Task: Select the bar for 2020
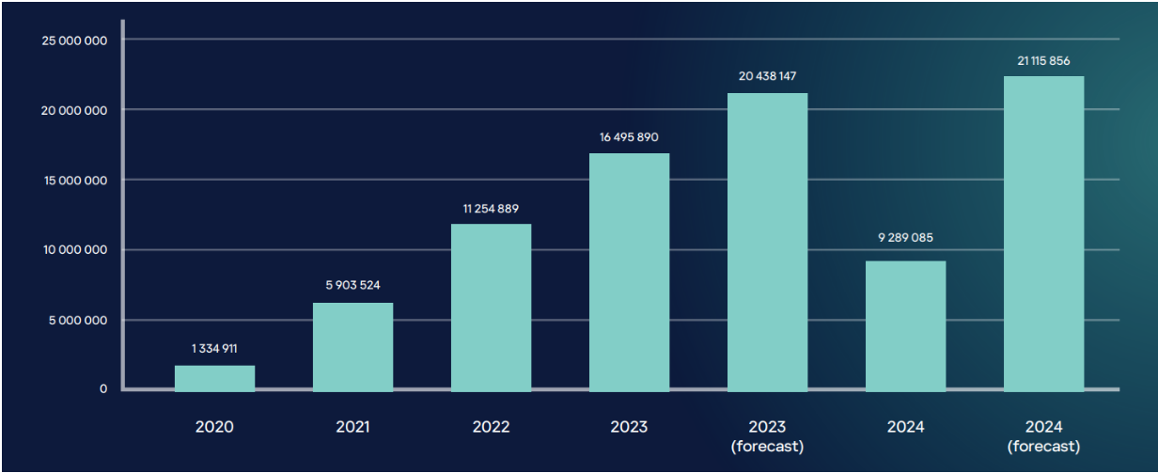point(214,378)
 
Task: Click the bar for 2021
point(352,346)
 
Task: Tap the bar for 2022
point(491,307)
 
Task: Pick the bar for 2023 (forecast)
point(767,242)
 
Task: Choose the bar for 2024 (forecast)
point(1043,233)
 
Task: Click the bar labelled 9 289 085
point(905,324)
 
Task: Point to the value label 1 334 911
point(214,349)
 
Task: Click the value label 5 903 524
point(352,285)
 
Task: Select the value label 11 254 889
point(491,208)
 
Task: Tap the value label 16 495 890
point(629,137)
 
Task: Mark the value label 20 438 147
point(767,76)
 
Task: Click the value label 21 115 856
point(1043,60)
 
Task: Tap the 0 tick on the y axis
point(103,389)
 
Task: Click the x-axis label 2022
point(491,427)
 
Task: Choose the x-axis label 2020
point(214,427)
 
